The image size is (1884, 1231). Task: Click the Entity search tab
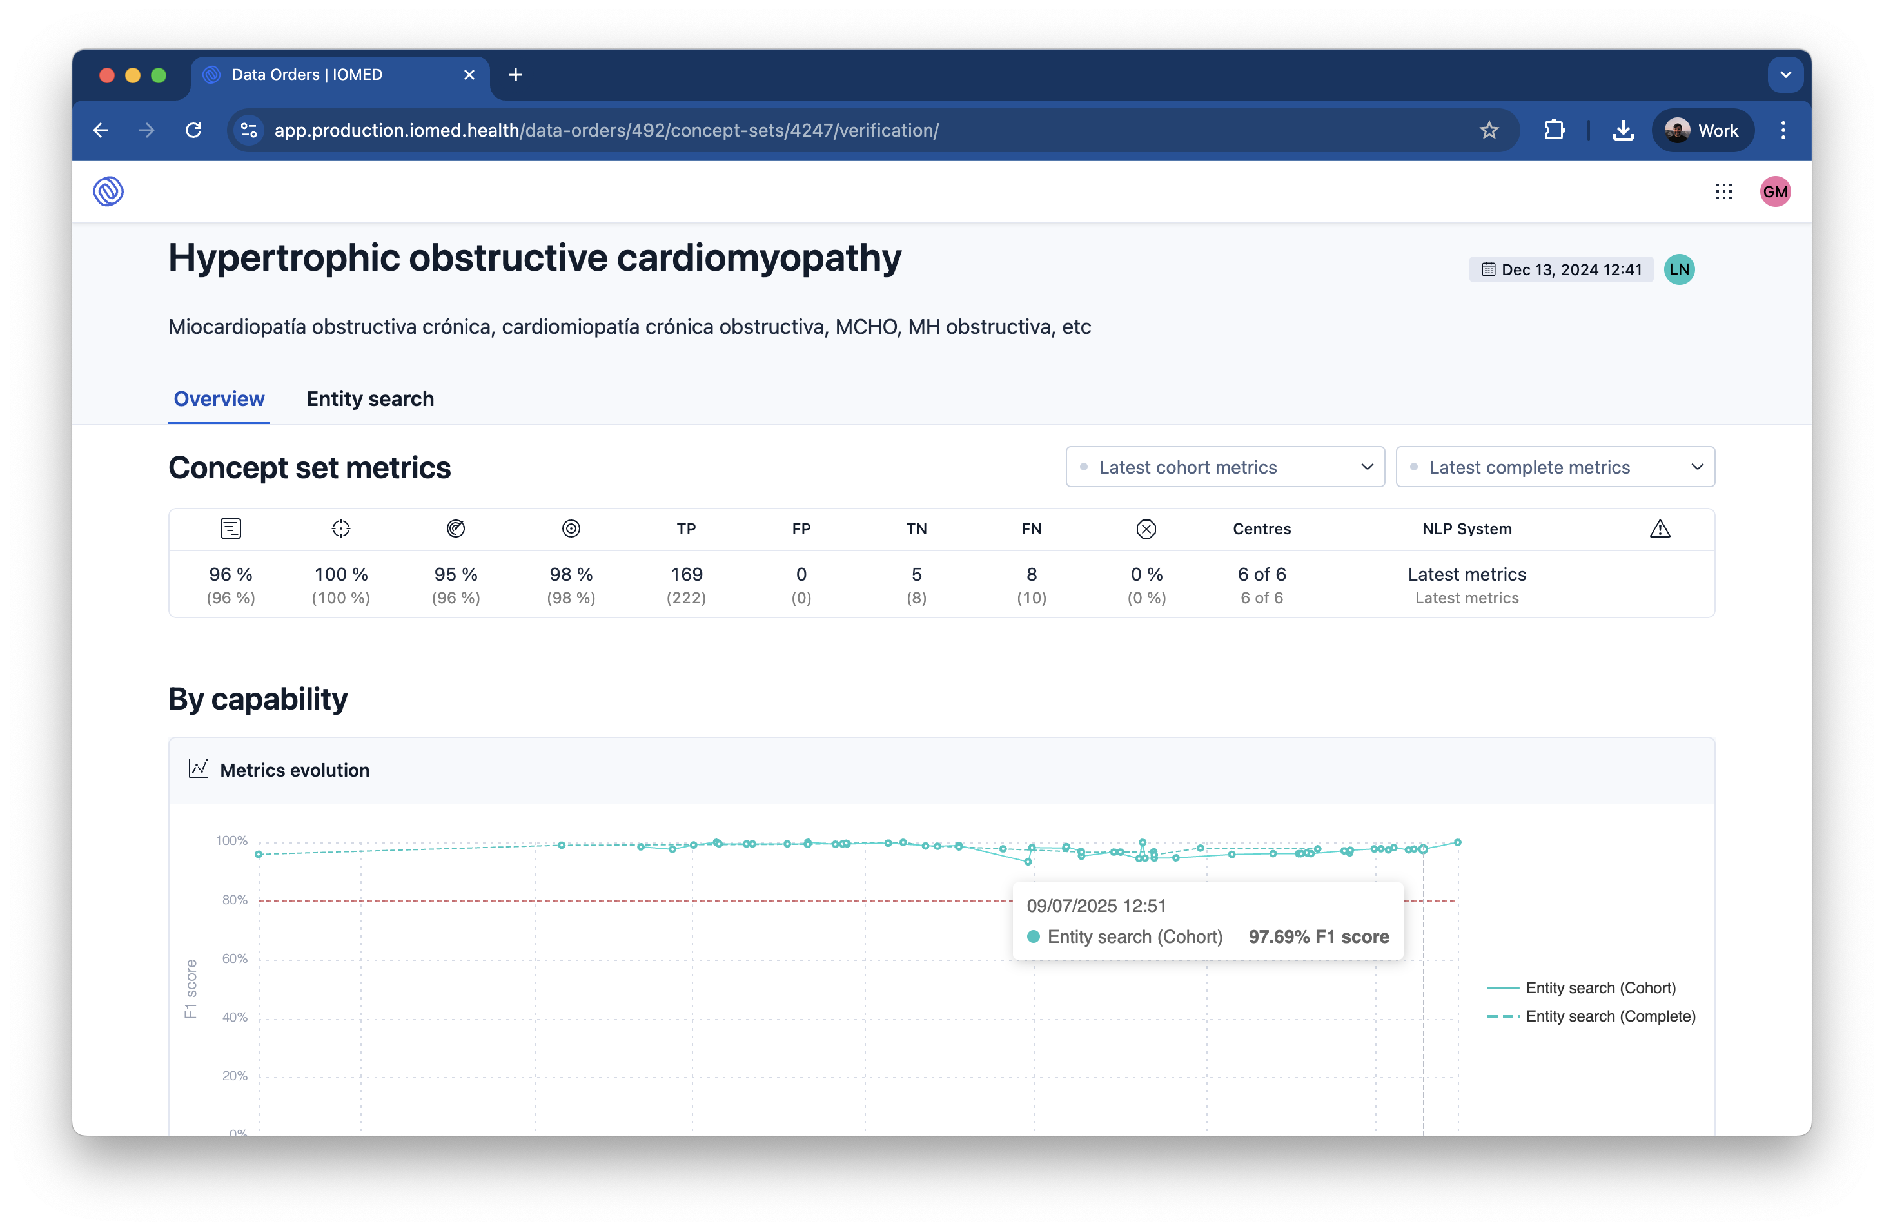(x=369, y=399)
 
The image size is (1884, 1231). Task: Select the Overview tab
(x=219, y=399)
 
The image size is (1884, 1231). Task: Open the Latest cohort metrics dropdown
(x=1224, y=467)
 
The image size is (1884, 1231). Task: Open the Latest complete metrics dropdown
(x=1555, y=467)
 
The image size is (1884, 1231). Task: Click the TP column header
(x=686, y=528)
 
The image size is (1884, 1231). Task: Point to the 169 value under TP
(x=686, y=574)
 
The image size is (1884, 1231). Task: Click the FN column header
(x=1032, y=528)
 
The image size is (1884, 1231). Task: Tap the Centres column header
(x=1262, y=528)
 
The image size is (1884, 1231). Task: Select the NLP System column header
(x=1467, y=528)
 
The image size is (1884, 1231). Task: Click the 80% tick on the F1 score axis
(x=234, y=900)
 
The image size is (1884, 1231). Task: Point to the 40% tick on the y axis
(x=234, y=1016)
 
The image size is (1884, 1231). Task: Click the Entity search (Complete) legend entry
(x=1610, y=1016)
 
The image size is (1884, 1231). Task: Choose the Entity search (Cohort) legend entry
(x=1600, y=987)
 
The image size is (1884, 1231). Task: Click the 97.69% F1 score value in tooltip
(x=1318, y=936)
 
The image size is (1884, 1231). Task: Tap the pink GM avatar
(x=1776, y=191)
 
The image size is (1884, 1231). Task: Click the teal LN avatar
(x=1679, y=269)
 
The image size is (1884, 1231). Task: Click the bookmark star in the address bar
(x=1489, y=131)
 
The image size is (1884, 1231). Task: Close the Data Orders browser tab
(x=469, y=74)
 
